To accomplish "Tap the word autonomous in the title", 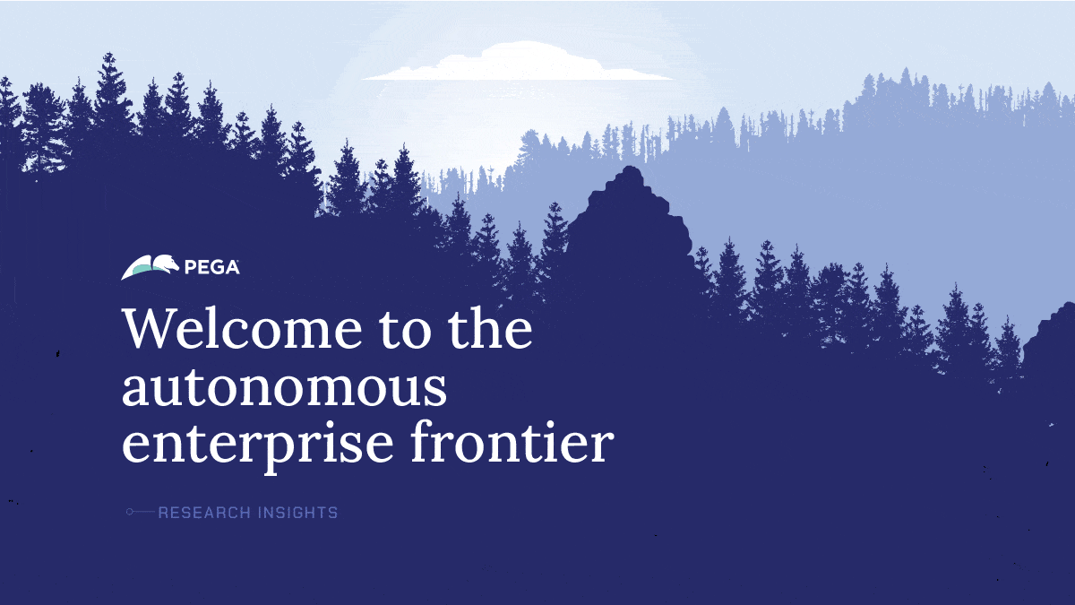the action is pyautogui.click(x=285, y=386).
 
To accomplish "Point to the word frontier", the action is pyautogui.click(x=512, y=440).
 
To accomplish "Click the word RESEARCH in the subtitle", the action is pyautogui.click(x=204, y=513).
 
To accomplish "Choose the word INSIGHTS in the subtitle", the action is pyautogui.click(x=297, y=513).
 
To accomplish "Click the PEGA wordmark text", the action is pyautogui.click(x=211, y=267).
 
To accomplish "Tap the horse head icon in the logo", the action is pyautogui.click(x=166, y=264).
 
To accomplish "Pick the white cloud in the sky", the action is pyautogui.click(x=518, y=63).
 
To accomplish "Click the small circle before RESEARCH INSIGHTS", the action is pyautogui.click(x=130, y=512).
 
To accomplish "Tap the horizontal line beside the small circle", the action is pyautogui.click(x=144, y=512).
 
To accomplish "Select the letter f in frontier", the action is pyautogui.click(x=422, y=440).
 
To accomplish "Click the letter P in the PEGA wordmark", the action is pyautogui.click(x=191, y=267).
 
